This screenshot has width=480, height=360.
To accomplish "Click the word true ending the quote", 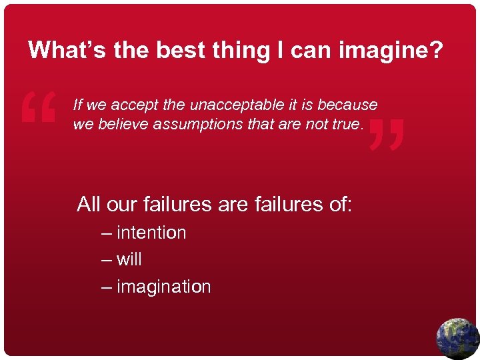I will pyautogui.click(x=347, y=125).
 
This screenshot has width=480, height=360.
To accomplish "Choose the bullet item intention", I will pyautogui.click(x=151, y=233).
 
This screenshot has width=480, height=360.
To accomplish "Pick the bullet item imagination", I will pyautogui.click(x=163, y=287).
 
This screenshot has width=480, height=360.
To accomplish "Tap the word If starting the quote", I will pyautogui.click(x=77, y=105).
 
